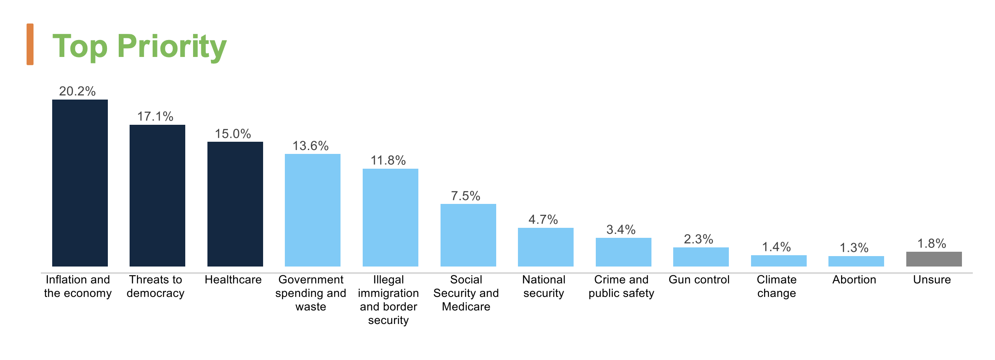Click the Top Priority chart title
pos(139,46)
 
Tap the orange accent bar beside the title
pos(30,44)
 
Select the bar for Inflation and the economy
pos(80,183)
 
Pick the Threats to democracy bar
pos(157,196)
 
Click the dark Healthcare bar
pos(235,204)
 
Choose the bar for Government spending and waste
pos(313,210)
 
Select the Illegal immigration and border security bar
pos(391,217)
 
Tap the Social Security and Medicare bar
pos(468,235)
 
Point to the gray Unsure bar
pos(934,259)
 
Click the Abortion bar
pos(856,261)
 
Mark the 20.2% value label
pos(77,91)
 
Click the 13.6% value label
pos(311,146)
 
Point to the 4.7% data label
pos(543,220)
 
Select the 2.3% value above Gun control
pos(698,239)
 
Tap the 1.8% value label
pos(932,243)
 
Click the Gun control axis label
pos(699,280)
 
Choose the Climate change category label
pos(777,286)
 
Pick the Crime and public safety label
pos(621,286)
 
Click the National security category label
pos(544,286)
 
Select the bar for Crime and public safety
pos(624,252)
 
